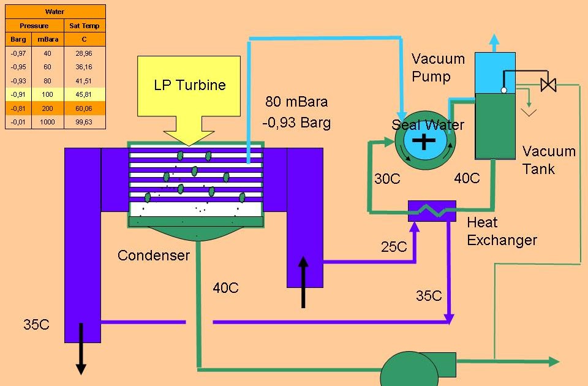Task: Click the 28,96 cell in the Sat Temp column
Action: tap(85, 53)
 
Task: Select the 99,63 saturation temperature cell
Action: tap(85, 122)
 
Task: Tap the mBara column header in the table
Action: tap(47, 40)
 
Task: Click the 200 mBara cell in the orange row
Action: tap(47, 108)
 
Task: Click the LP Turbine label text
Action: tap(189, 85)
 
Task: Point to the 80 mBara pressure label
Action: tap(296, 101)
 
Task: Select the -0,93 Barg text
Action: tap(296, 123)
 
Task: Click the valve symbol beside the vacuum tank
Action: tap(549, 85)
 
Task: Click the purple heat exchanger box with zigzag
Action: tap(432, 211)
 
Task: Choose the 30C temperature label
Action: tap(387, 179)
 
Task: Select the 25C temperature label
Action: tap(394, 247)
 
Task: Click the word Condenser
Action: tap(154, 255)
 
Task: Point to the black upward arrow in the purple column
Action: tap(303, 282)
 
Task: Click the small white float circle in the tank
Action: tap(503, 90)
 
